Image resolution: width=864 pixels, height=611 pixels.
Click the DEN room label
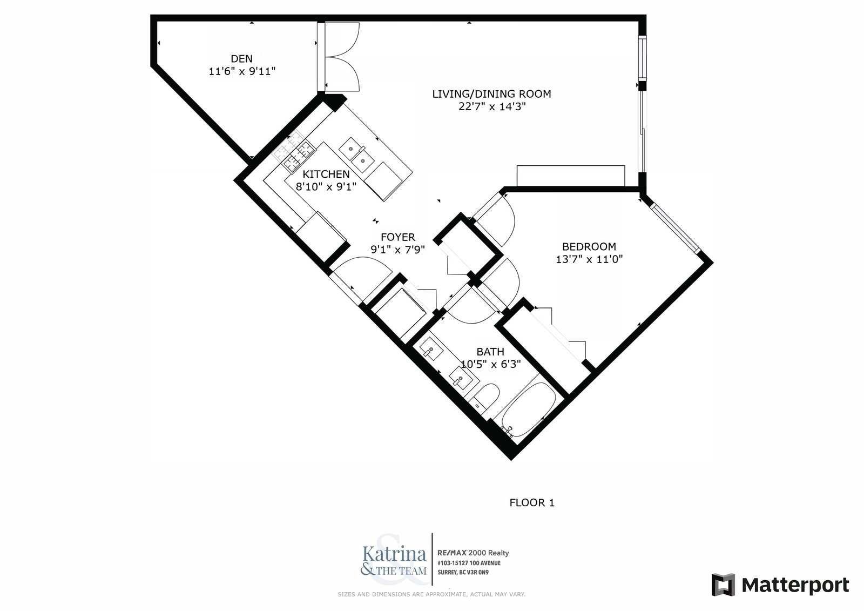[x=241, y=59]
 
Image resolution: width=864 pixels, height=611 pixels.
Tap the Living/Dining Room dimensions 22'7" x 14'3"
[x=492, y=106]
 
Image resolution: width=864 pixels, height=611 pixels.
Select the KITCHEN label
[x=326, y=174]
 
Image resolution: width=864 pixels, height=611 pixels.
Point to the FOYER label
[x=397, y=237]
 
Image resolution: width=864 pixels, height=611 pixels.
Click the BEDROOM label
[x=589, y=247]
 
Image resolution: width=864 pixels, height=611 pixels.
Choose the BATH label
[x=490, y=352]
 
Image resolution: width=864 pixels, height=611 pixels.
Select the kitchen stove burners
[x=293, y=151]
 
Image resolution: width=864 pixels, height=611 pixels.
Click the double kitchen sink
[x=356, y=155]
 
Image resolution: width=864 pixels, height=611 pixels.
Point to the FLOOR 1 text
[x=532, y=502]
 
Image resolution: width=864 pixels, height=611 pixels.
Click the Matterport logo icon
[x=723, y=585]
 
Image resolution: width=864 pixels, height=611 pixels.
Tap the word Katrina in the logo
[x=394, y=554]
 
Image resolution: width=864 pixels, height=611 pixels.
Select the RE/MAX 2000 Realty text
[x=473, y=553]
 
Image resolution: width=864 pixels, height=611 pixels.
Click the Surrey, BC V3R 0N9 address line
[x=463, y=573]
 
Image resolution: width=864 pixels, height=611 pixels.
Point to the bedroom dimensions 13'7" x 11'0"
[x=589, y=259]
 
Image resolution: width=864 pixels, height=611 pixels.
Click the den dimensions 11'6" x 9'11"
[x=242, y=71]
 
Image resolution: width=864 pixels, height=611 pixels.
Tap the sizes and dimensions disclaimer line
[x=431, y=594]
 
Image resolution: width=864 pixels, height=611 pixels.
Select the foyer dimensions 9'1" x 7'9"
[x=397, y=250]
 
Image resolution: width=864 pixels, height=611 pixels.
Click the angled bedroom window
[x=674, y=228]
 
